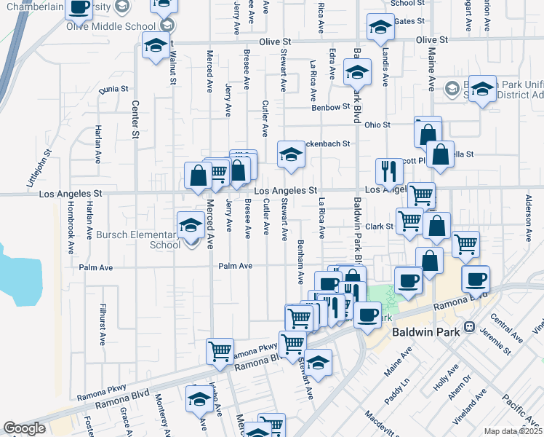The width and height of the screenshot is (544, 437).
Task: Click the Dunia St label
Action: click(x=113, y=89)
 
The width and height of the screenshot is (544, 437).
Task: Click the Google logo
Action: click(x=24, y=428)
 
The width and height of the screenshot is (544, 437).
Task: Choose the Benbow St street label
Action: click(x=331, y=107)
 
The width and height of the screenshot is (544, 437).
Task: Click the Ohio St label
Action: click(x=377, y=125)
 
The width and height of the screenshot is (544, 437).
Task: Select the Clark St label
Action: click(x=379, y=227)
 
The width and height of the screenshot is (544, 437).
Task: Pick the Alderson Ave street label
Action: click(x=529, y=214)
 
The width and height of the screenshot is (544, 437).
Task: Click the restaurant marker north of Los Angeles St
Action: click(x=390, y=171)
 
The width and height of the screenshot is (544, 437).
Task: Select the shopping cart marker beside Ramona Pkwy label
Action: click(x=220, y=351)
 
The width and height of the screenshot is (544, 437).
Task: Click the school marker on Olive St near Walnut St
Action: click(x=155, y=45)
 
